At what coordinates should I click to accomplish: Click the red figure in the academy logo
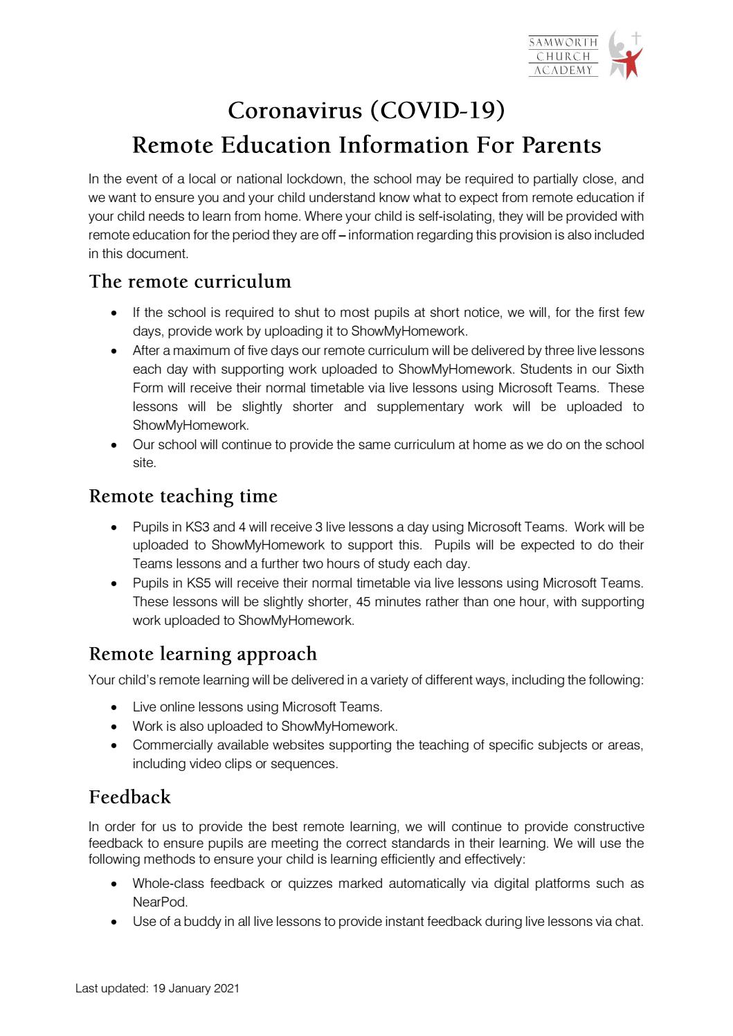coord(630,60)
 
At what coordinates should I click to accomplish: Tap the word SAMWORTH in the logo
coord(563,43)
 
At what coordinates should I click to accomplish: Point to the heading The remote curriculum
coord(190,282)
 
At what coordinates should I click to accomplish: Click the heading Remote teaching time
coord(183,496)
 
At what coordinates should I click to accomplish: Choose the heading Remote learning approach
coord(203,654)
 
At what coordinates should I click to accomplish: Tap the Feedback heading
coord(129,797)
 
